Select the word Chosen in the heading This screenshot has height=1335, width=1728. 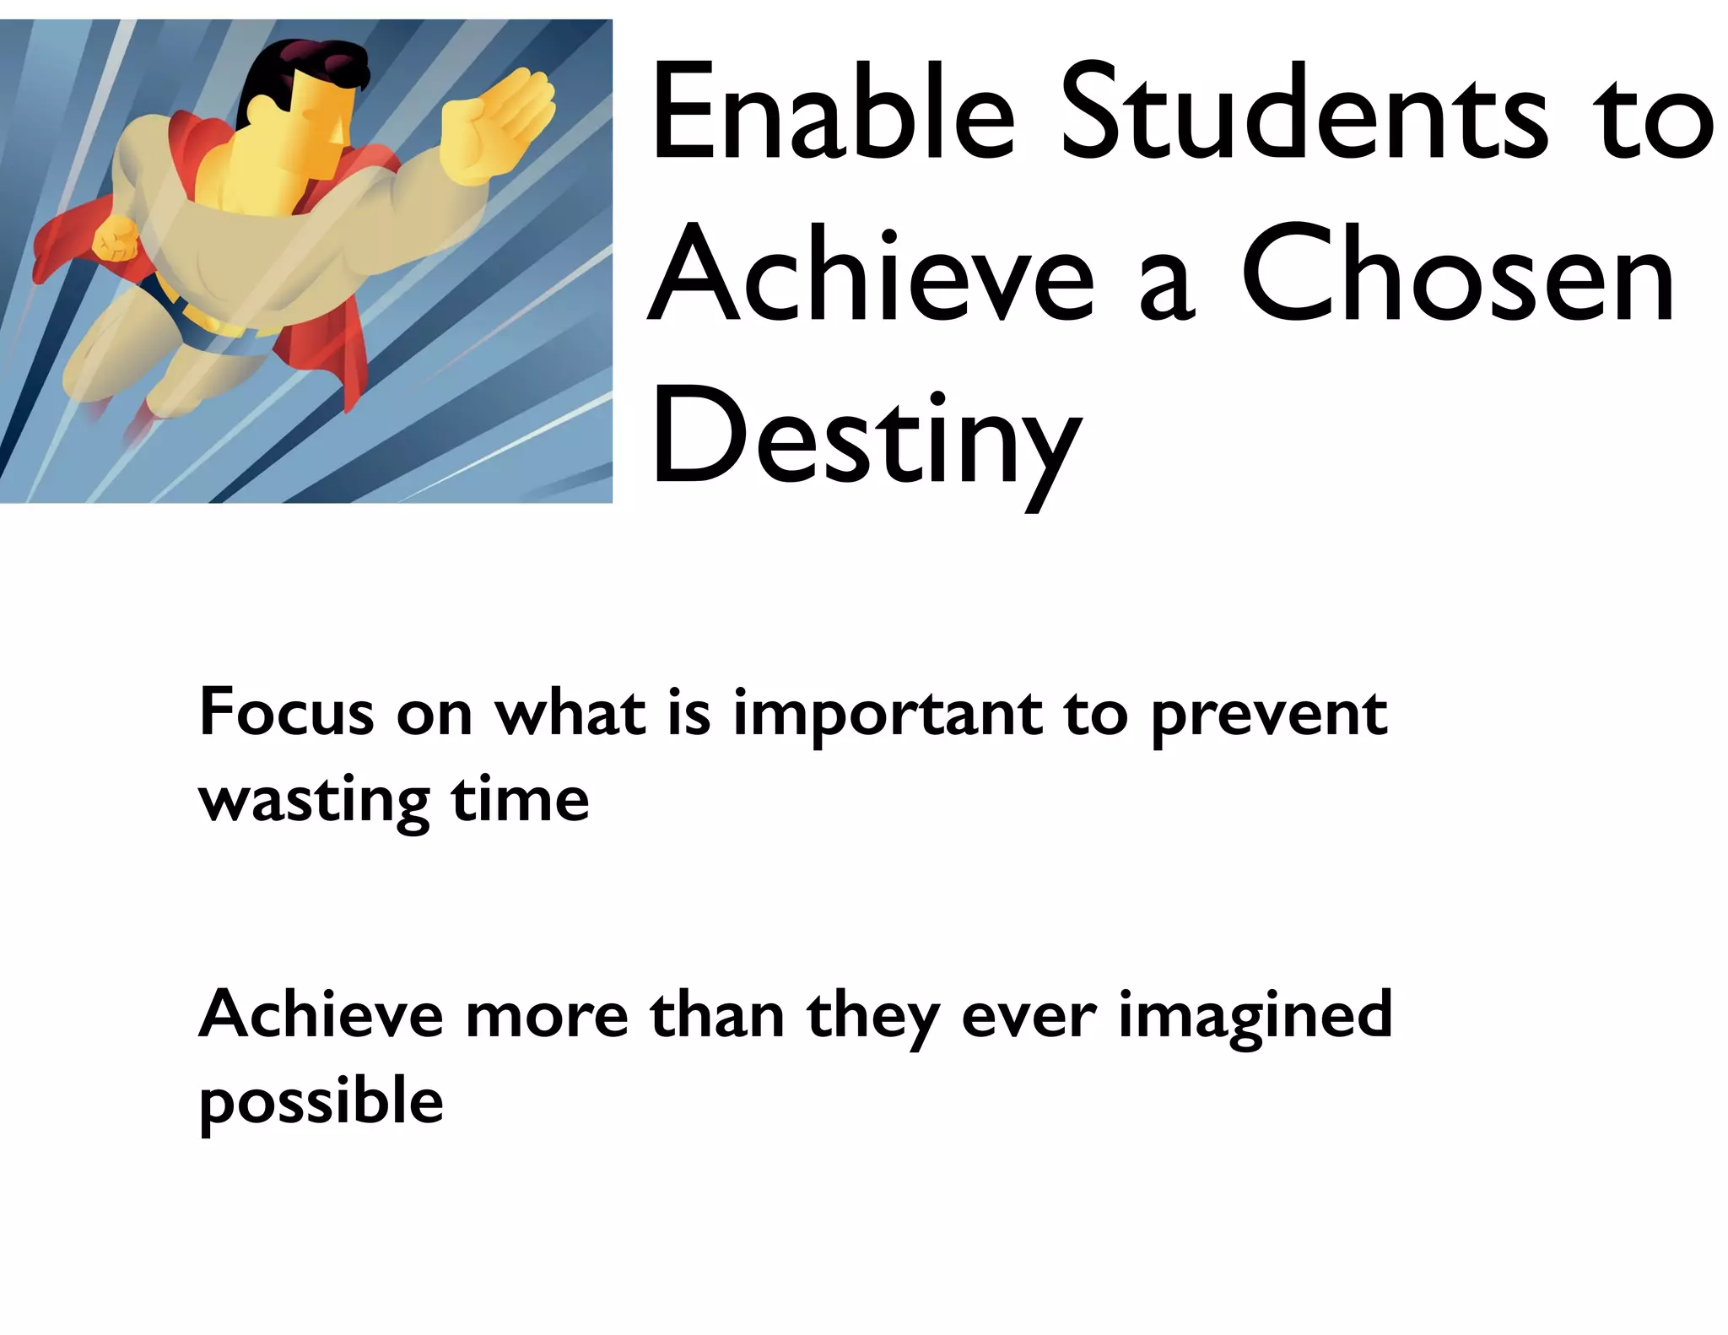[1457, 274]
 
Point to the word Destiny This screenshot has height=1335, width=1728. [865, 439]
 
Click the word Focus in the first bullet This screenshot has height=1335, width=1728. [286, 713]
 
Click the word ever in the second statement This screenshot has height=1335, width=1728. [1029, 1015]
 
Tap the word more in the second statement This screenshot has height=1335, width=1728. [547, 1015]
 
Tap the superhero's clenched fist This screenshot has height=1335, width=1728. [116, 238]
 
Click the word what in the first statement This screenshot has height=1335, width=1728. [570, 713]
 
